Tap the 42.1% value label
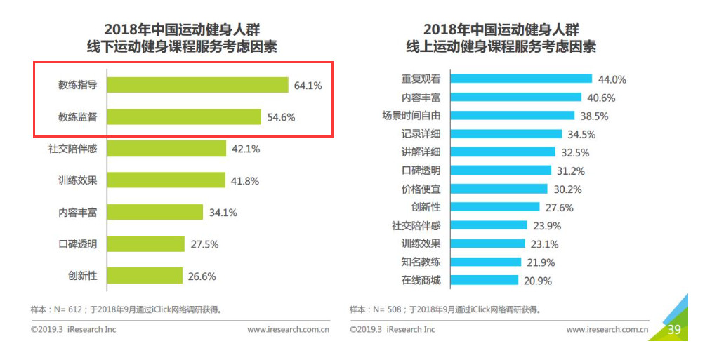point(246,149)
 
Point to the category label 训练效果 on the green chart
point(77,180)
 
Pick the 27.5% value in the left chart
point(204,244)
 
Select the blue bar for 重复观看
point(520,79)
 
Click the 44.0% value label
point(612,79)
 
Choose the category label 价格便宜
point(421,189)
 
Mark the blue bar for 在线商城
point(485,280)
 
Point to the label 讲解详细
point(421,152)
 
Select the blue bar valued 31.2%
point(500,171)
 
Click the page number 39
point(674,329)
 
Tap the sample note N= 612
point(130,309)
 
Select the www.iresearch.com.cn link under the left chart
point(289,329)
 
